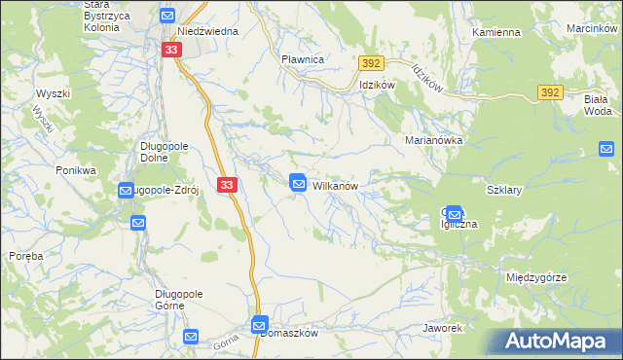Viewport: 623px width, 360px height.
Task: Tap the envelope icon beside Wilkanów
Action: click(x=298, y=182)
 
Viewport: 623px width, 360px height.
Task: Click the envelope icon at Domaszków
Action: click(x=259, y=325)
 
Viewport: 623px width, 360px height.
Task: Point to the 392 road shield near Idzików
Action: click(x=369, y=63)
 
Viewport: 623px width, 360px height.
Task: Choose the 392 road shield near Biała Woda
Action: click(x=550, y=92)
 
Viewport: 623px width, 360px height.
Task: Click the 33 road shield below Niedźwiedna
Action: click(x=171, y=50)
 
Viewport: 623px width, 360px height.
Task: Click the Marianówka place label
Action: click(x=433, y=140)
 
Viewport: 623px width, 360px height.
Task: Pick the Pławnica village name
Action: click(x=302, y=59)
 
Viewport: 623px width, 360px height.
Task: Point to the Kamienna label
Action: click(x=496, y=32)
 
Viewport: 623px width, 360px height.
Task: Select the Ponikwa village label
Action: click(x=76, y=170)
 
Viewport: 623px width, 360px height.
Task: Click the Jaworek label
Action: click(x=442, y=328)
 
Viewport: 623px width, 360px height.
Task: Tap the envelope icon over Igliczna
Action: click(x=454, y=212)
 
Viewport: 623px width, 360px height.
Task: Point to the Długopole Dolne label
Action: click(x=157, y=151)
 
